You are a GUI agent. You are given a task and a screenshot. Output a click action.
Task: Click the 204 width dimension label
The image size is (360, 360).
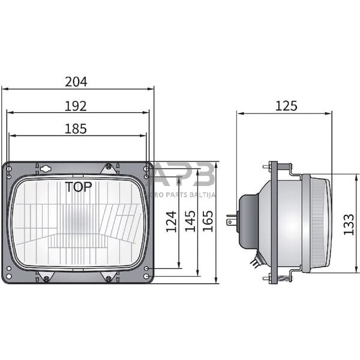coord(76,82)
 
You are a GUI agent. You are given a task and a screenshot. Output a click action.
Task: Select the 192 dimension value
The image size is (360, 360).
coord(76,106)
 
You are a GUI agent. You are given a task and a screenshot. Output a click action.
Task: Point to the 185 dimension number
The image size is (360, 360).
coord(76,128)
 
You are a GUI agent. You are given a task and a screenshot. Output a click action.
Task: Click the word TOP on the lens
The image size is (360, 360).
coord(79,187)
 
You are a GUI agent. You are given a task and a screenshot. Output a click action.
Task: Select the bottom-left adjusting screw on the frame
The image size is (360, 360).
coord(47,277)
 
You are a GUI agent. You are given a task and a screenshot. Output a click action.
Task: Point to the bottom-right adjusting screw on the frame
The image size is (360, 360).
coord(108,278)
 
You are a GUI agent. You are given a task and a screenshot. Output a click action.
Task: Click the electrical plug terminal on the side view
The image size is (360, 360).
coord(231,221)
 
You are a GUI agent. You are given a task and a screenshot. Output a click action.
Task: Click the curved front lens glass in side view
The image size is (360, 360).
coord(324,222)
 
